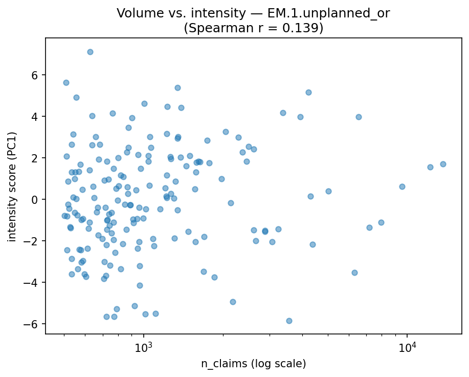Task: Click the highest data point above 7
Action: [x=90, y=52]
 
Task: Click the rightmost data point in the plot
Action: [x=443, y=164]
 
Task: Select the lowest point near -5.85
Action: [x=289, y=321]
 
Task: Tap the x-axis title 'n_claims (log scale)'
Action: [x=254, y=364]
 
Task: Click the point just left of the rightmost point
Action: [x=430, y=167]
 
